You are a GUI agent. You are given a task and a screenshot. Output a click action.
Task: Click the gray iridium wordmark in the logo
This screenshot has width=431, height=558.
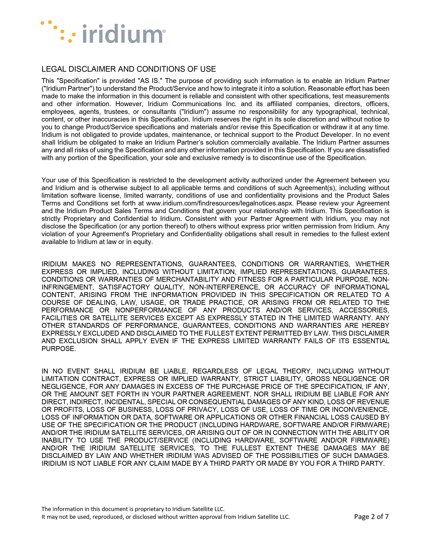(x=123, y=34)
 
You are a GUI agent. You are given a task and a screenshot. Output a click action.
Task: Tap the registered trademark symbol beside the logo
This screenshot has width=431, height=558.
(x=164, y=31)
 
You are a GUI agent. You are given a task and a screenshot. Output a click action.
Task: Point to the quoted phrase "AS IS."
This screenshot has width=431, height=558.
(x=149, y=81)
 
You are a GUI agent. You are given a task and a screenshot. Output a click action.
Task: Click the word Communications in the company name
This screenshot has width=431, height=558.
(x=197, y=104)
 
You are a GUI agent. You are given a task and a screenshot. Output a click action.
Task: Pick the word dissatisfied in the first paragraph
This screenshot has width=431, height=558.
(x=373, y=150)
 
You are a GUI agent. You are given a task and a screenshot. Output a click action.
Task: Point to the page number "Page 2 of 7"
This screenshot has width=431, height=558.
(x=371, y=517)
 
